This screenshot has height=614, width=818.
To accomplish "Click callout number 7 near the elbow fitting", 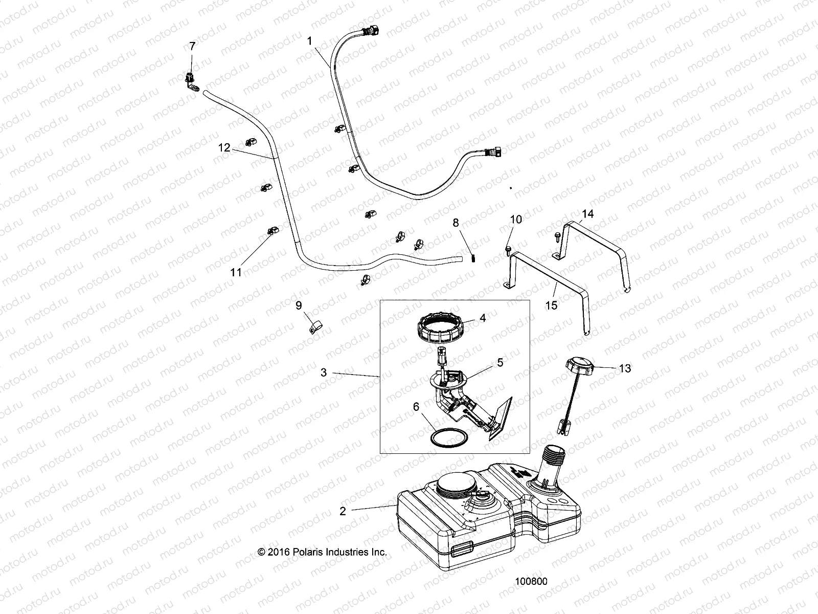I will [192, 46].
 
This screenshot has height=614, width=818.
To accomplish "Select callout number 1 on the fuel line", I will [309, 40].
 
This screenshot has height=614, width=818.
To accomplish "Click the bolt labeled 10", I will [507, 249].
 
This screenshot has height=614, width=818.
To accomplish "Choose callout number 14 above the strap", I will [588, 213].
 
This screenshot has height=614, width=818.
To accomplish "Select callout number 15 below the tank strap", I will [551, 305].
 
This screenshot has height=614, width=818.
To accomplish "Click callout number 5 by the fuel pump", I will [500, 362].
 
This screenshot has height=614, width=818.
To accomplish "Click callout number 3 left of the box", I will [337, 372].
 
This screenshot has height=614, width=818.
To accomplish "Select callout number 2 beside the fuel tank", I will [343, 511].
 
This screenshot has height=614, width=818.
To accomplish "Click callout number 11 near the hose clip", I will [236, 272].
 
